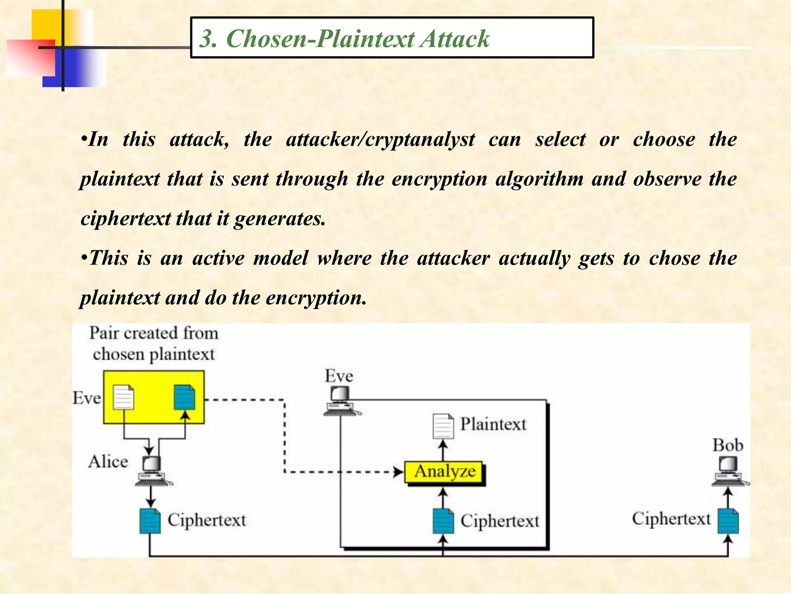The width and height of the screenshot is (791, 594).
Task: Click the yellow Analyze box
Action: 444,472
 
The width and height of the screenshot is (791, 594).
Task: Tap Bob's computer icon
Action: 728,471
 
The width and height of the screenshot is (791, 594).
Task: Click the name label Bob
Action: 728,445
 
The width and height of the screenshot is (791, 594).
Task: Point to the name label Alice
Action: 108,462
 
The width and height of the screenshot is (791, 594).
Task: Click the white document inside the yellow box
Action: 124,397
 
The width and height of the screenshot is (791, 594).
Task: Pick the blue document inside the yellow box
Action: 185,397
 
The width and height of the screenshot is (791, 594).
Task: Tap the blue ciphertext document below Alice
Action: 150,521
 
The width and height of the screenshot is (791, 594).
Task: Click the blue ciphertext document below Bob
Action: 728,521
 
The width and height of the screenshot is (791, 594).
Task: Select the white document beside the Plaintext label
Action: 443,426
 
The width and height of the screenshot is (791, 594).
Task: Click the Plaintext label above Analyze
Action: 493,424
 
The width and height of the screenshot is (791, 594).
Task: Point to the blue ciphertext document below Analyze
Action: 443,521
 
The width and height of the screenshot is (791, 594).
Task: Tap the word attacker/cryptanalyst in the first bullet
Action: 380,139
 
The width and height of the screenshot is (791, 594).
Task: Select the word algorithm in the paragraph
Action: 539,179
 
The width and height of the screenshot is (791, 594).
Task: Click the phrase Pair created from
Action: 154,333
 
